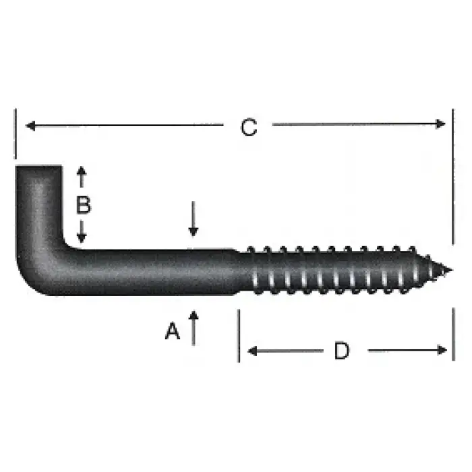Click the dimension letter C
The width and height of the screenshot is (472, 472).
click(x=249, y=127)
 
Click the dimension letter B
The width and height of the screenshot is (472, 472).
click(x=83, y=204)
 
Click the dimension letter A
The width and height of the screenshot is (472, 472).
click(x=173, y=331)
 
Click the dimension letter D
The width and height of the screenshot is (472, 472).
click(x=343, y=351)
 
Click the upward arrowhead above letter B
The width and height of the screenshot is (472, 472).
click(x=82, y=171)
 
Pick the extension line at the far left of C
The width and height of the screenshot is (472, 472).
click(x=15, y=135)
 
